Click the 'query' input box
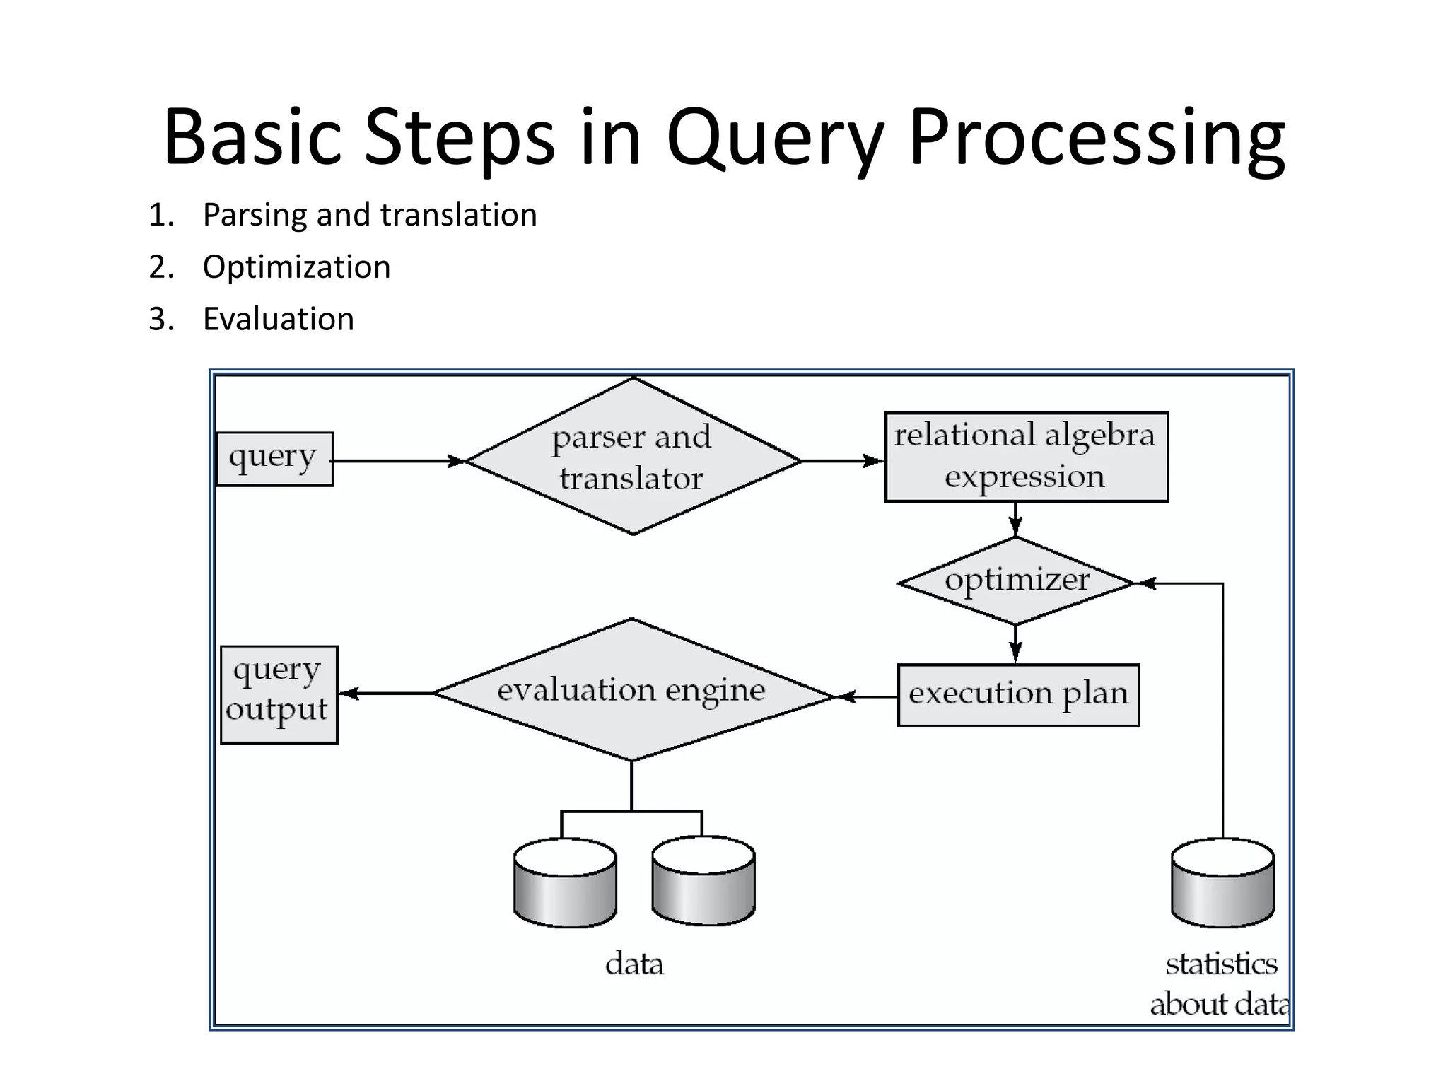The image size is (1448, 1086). [x=274, y=459]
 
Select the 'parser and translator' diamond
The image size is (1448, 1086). [x=633, y=457]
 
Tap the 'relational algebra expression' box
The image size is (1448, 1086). [x=1026, y=457]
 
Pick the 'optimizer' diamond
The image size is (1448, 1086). [x=1016, y=581]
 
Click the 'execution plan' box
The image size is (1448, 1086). [x=1018, y=694]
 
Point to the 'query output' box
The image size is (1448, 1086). [x=279, y=694]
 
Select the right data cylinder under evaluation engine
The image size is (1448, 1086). [x=703, y=881]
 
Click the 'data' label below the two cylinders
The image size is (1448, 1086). [x=634, y=964]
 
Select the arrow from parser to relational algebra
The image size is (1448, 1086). [x=841, y=461]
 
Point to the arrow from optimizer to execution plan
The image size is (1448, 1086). [x=1015, y=644]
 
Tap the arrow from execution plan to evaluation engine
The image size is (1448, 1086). [x=867, y=697]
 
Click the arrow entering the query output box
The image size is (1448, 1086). [x=385, y=694]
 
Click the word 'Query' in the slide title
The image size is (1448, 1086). [x=775, y=139]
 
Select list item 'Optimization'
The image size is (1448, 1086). [x=296, y=267]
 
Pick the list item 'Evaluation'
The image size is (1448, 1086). [x=278, y=320]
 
